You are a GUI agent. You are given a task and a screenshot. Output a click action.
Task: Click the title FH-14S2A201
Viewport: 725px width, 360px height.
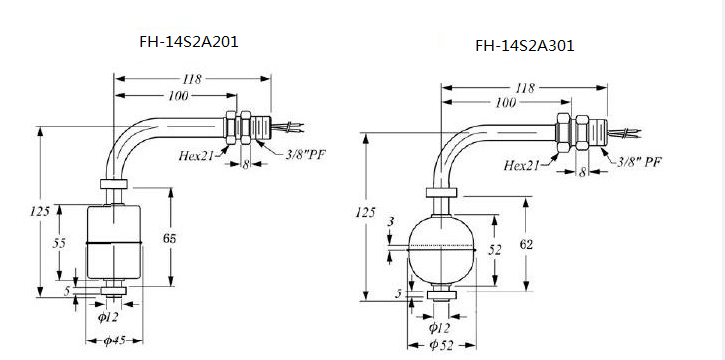[189, 42]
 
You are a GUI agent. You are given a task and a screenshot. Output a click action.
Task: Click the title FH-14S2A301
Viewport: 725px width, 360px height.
[525, 46]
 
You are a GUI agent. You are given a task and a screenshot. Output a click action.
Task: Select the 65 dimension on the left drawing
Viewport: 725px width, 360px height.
[170, 238]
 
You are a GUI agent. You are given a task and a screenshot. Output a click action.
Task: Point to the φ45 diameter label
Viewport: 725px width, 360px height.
[114, 341]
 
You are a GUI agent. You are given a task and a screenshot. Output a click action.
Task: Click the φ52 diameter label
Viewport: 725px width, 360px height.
[440, 345]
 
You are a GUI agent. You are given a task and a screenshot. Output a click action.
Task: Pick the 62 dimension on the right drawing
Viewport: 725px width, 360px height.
[526, 244]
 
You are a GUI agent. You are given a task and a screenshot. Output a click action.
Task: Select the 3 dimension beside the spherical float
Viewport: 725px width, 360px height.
[391, 221]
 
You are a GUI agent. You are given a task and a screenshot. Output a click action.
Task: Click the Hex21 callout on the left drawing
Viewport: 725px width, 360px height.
[197, 155]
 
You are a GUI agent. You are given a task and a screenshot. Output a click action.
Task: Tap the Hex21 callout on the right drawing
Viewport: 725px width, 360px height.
[522, 165]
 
